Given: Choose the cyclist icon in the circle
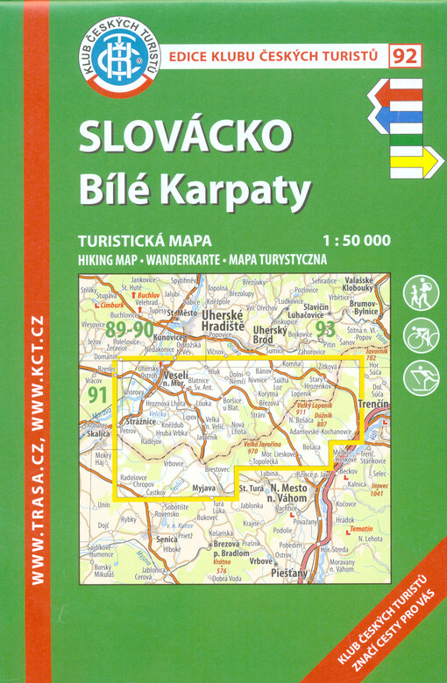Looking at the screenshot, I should (421, 334).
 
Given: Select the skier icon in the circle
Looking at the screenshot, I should (421, 377).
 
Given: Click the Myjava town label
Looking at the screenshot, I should (202, 487).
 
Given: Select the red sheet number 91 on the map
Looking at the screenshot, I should (97, 394).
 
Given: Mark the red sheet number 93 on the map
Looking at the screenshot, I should (326, 329).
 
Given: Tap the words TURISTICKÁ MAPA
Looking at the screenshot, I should (132, 242).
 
